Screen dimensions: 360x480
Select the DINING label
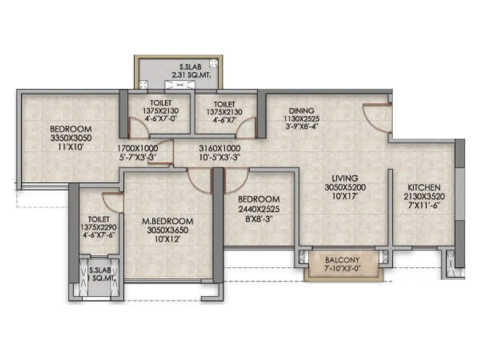pos(301,110)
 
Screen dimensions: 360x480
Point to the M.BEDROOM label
pos(168,221)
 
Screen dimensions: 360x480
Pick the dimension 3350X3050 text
pos(71,138)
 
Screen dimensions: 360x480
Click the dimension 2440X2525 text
pos(259,209)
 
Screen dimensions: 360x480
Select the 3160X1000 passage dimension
pos(219,148)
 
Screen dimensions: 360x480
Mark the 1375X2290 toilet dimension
pos(98,227)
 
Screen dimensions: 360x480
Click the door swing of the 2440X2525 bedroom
pos(235,180)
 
